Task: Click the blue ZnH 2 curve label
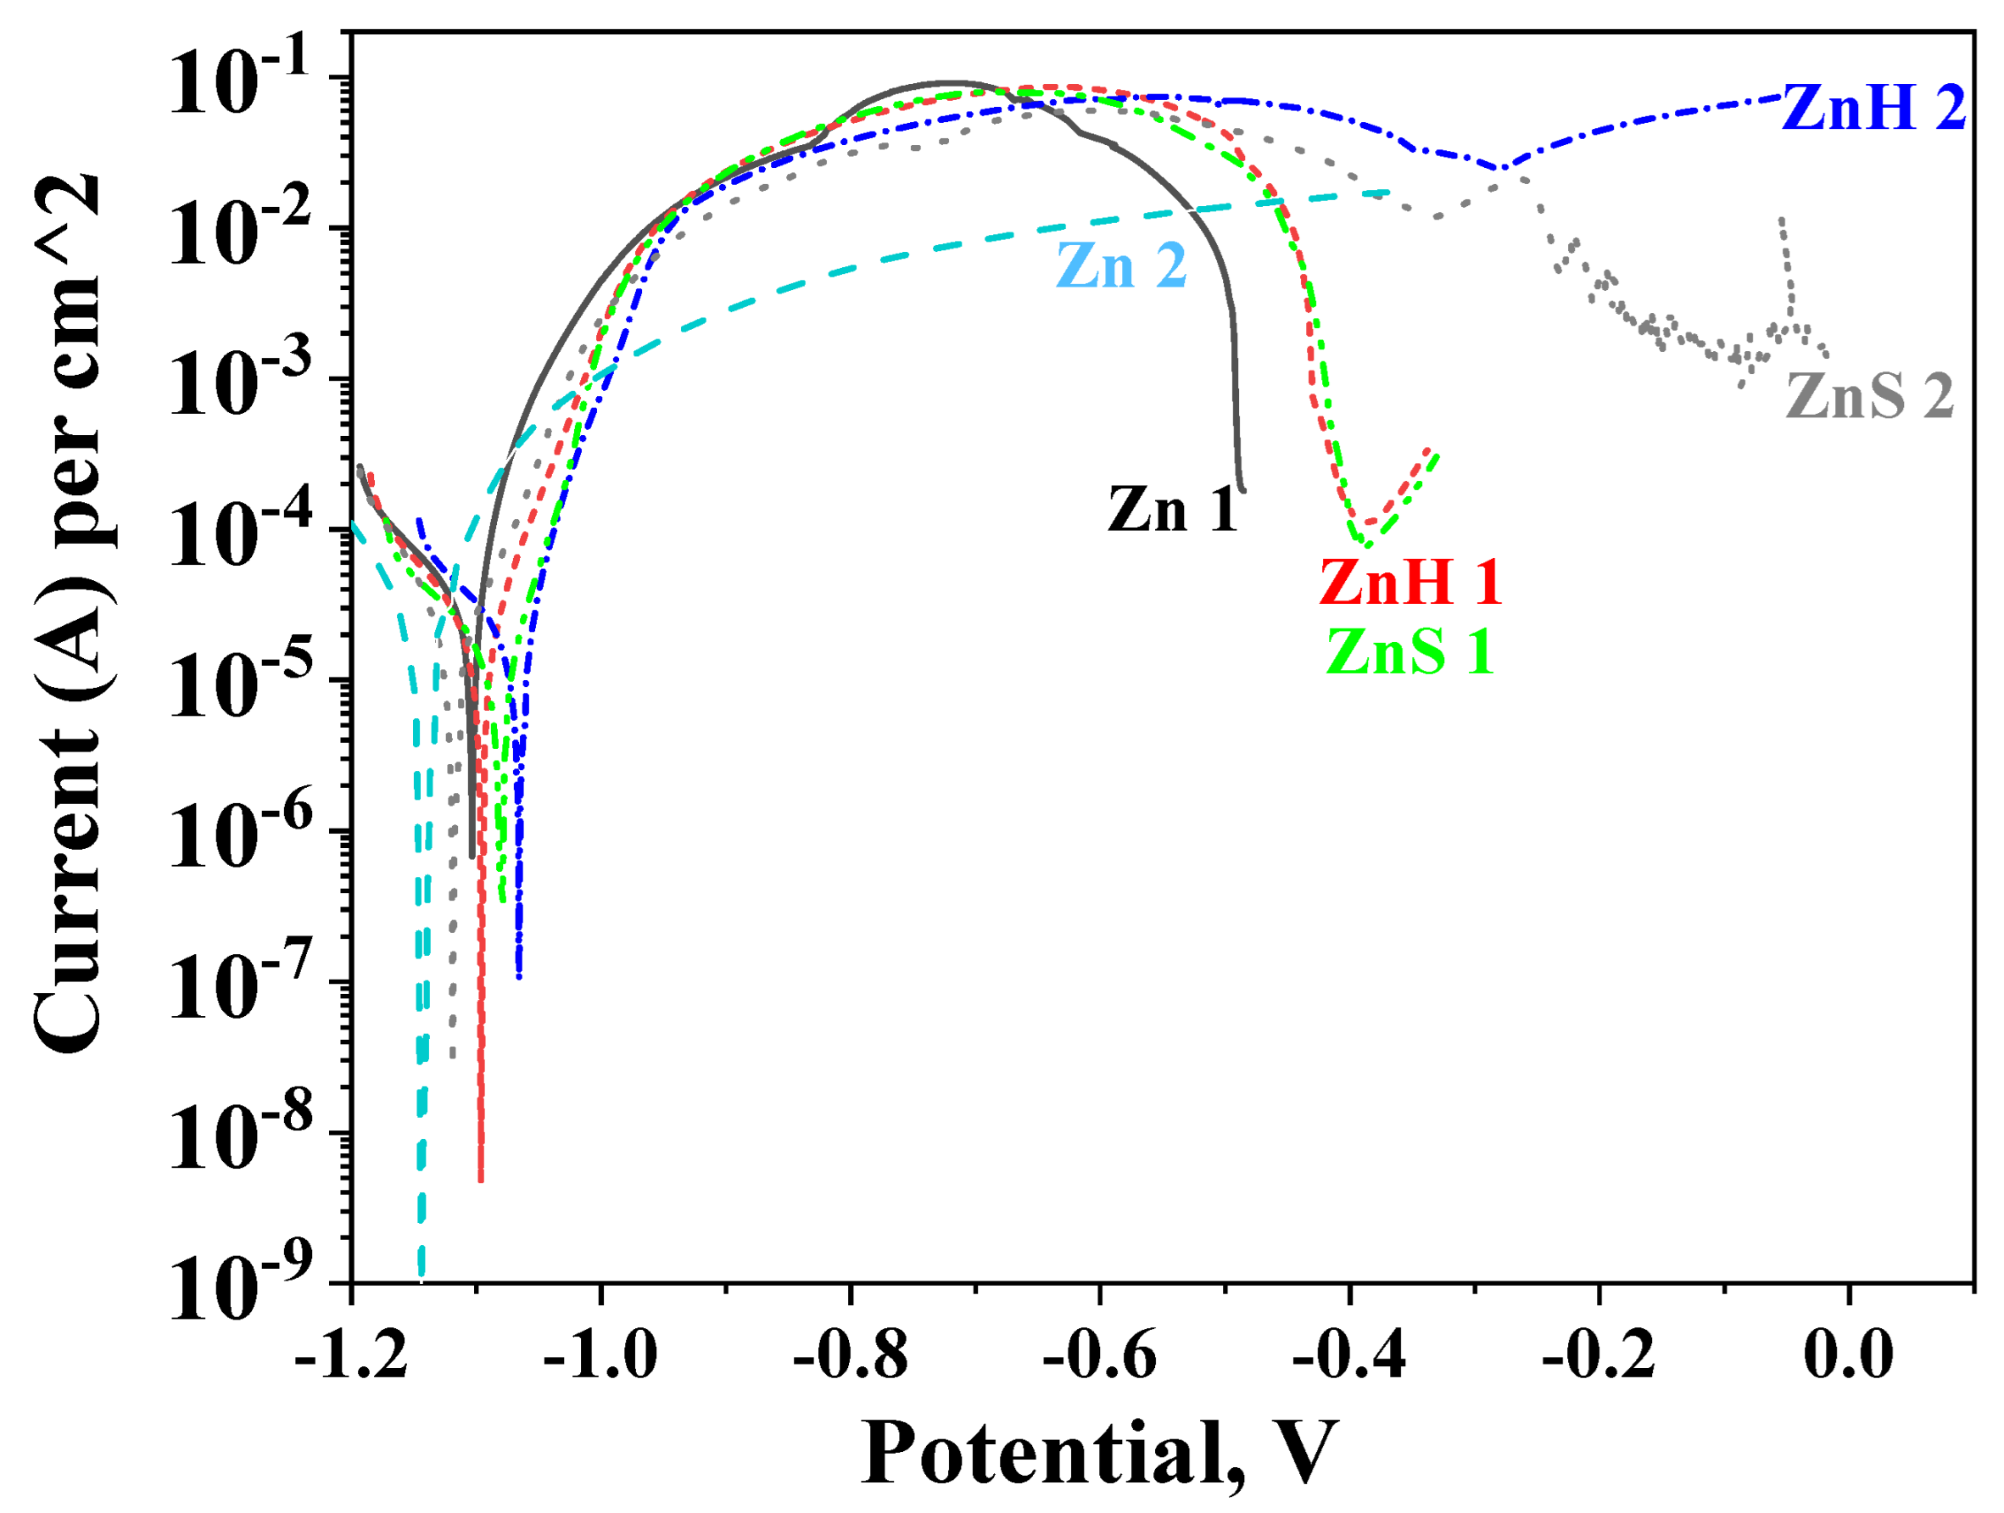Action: click(1873, 109)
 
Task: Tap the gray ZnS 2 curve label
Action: click(1869, 397)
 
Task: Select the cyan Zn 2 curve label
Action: click(1122, 266)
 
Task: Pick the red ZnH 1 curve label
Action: click(1410, 582)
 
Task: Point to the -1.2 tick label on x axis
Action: click(351, 1356)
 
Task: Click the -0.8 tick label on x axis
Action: click(850, 1356)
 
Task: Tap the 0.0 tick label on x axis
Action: click(1848, 1356)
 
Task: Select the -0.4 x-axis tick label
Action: click(1349, 1356)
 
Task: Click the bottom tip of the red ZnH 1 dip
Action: click(481, 1181)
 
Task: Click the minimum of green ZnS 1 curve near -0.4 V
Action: click(1366, 545)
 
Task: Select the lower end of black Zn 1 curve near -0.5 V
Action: click(1242, 490)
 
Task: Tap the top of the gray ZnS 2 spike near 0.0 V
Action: click(1782, 221)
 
